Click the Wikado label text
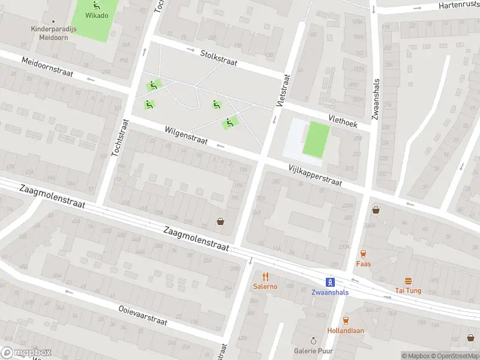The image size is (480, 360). [96, 16]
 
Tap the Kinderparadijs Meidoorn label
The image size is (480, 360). [50, 33]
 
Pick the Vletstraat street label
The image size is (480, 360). [283, 91]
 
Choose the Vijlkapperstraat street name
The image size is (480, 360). [314, 175]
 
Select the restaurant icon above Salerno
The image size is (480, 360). [265, 277]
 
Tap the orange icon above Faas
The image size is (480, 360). [363, 254]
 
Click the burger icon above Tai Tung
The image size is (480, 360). [408, 281]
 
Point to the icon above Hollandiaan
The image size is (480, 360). [345, 320]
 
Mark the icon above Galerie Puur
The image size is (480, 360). [312, 341]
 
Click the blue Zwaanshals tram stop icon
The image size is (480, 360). [329, 281]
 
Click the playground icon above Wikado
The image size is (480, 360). [96, 5]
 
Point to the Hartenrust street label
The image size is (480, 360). [459, 5]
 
